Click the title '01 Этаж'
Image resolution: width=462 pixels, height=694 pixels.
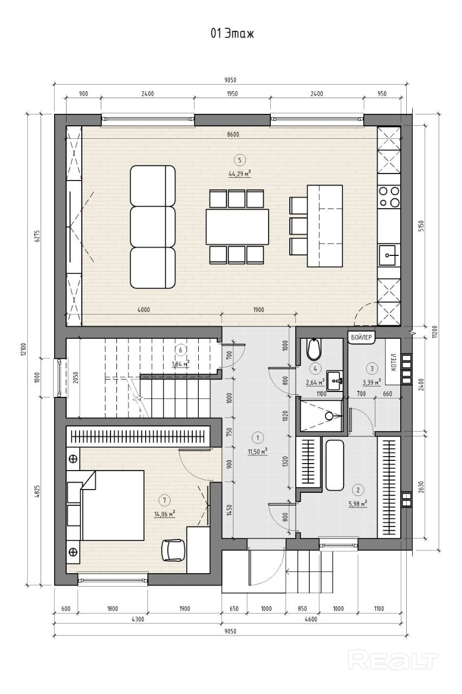[232, 34]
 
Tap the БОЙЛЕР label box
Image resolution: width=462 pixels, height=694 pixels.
[361, 337]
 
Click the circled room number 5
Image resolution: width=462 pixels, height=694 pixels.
[239, 160]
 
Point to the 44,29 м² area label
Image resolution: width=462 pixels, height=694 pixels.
[239, 174]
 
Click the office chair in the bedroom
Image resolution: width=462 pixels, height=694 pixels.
[173, 549]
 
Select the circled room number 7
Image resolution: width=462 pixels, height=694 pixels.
[164, 500]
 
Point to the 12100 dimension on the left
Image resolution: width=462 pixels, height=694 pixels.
[25, 349]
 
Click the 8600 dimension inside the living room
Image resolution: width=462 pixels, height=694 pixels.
[233, 135]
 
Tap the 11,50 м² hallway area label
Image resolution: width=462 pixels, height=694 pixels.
[257, 452]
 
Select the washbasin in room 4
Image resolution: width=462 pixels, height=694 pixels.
[335, 381]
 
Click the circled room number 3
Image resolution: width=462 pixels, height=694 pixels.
[372, 368]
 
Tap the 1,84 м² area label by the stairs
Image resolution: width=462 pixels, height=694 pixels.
[181, 364]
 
